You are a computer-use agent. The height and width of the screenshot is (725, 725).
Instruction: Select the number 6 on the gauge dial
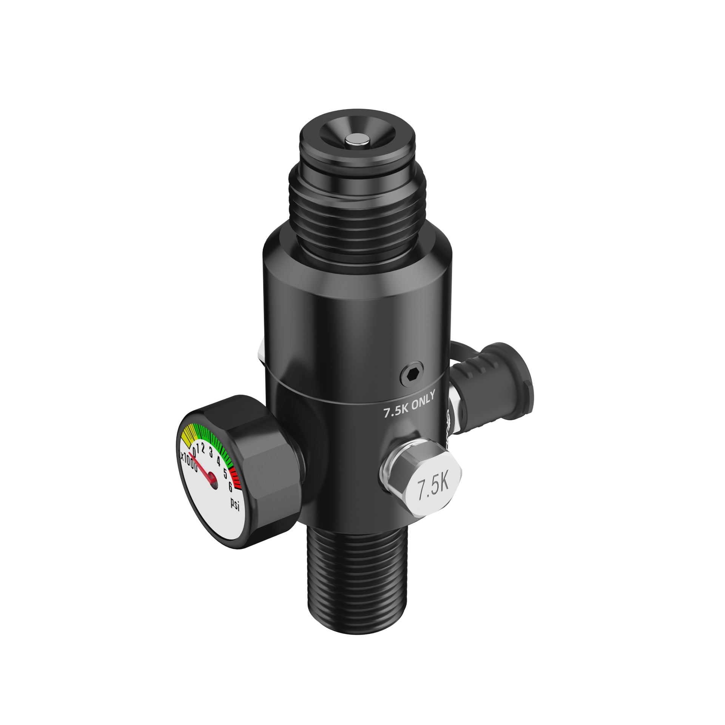point(230,487)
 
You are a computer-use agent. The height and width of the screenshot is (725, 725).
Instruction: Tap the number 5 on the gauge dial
point(225,473)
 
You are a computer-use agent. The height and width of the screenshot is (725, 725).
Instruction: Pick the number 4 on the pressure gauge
point(219,461)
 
